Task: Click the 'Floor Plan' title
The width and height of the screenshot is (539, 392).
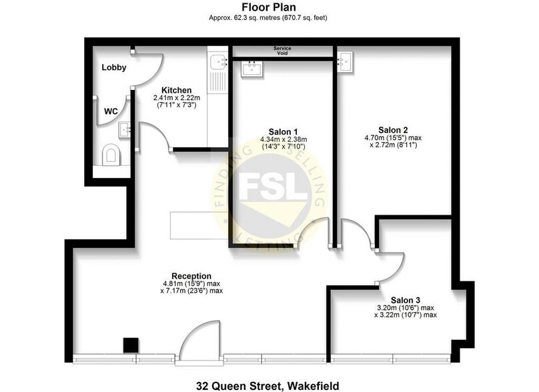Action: (269, 8)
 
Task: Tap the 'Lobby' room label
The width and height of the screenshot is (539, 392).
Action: (113, 67)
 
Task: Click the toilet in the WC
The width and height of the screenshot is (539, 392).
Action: (111, 155)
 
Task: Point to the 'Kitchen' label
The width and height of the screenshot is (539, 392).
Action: (177, 91)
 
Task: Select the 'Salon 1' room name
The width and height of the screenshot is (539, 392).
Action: (283, 131)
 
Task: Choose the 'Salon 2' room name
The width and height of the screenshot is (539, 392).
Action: (393, 129)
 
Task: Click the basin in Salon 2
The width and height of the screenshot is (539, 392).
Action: (346, 63)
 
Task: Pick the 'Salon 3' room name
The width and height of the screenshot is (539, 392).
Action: (406, 300)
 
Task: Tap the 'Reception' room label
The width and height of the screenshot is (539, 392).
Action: (191, 276)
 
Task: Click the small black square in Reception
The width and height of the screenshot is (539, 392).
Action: (131, 345)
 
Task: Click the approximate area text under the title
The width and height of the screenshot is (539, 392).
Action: (269, 18)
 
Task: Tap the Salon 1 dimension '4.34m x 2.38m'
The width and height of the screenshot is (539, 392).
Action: (283, 140)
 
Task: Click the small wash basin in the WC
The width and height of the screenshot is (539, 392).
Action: (124, 128)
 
